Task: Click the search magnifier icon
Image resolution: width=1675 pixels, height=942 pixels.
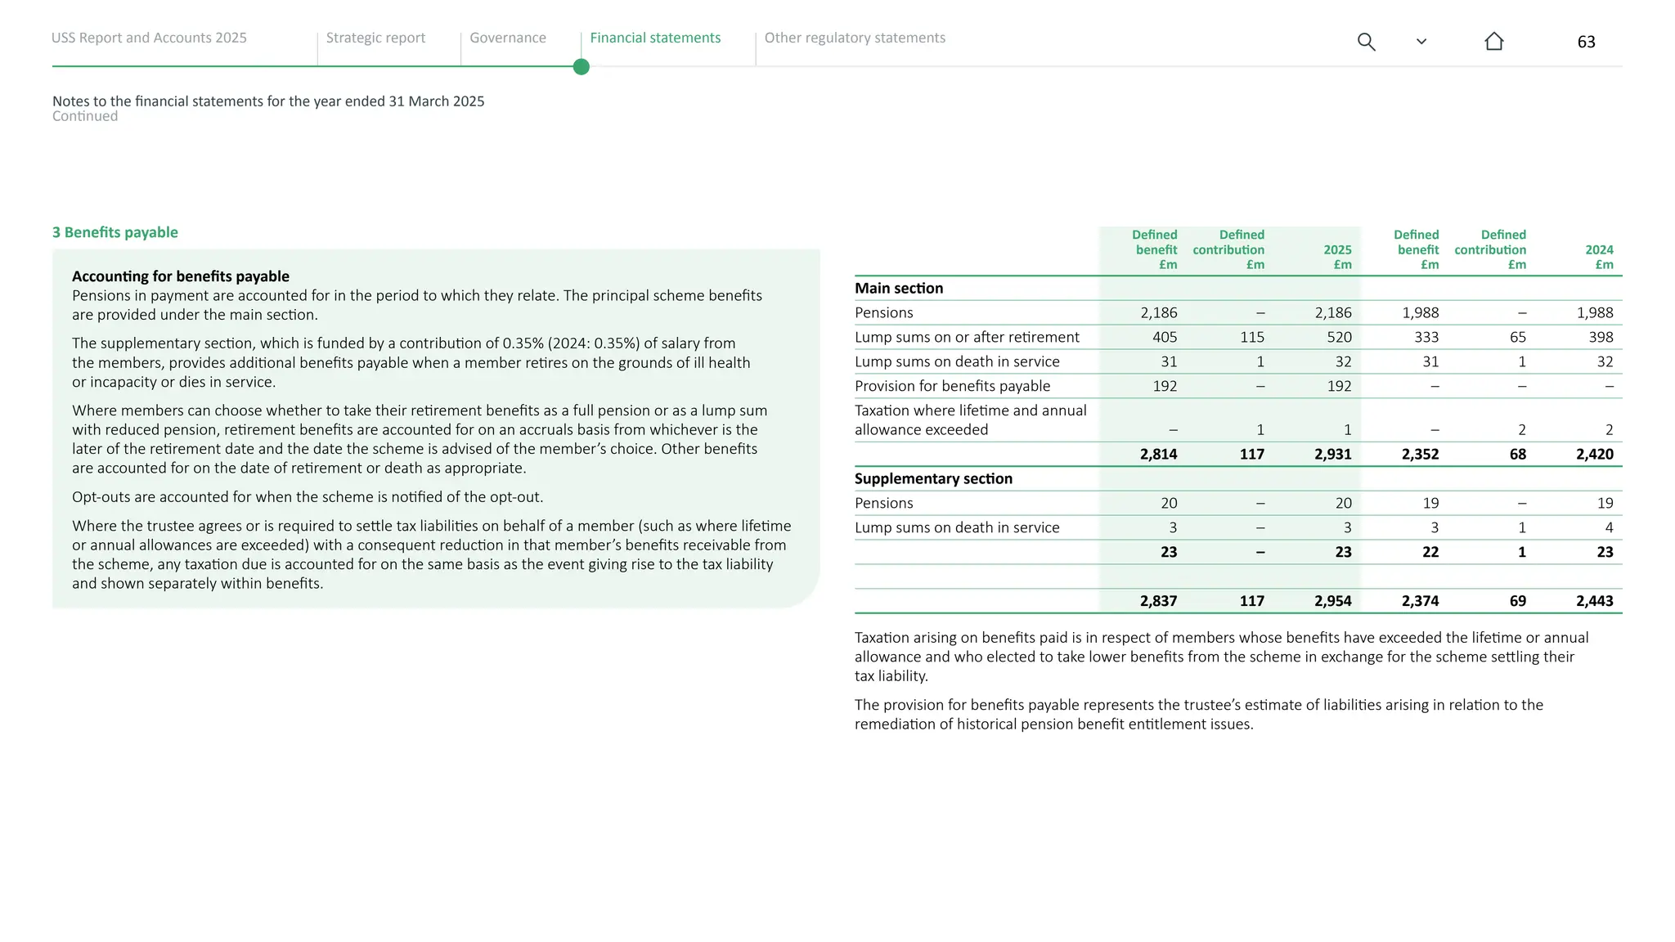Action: point(1366,42)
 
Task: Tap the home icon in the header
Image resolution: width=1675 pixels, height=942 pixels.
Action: point(1493,42)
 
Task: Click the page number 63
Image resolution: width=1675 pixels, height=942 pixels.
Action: point(1586,42)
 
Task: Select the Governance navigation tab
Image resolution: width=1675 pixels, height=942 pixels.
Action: point(507,38)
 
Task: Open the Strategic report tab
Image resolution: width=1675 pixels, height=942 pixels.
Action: point(375,38)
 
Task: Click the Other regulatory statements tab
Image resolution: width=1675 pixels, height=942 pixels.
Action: point(854,38)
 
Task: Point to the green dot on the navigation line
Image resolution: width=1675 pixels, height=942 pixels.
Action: point(582,67)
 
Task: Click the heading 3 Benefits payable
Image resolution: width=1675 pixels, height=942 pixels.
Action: point(115,232)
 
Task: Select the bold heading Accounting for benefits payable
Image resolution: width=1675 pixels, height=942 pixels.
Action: point(181,276)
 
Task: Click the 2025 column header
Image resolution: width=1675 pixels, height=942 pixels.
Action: point(1337,250)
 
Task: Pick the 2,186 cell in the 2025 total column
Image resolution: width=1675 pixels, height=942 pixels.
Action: point(1332,313)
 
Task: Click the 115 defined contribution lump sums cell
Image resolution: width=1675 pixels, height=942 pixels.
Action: point(1251,338)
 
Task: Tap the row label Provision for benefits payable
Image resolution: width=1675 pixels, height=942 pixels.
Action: point(952,386)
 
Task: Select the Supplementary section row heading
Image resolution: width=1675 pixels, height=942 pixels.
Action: point(933,479)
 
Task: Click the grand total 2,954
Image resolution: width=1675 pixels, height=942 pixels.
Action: point(1332,601)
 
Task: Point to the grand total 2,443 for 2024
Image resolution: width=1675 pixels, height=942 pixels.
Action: point(1594,601)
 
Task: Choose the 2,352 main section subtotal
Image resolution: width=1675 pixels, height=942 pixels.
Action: point(1420,455)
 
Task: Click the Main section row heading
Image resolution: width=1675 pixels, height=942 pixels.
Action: point(899,289)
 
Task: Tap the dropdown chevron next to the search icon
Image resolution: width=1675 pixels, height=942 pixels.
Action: point(1421,42)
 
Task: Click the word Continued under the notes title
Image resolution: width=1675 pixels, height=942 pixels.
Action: point(85,116)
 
